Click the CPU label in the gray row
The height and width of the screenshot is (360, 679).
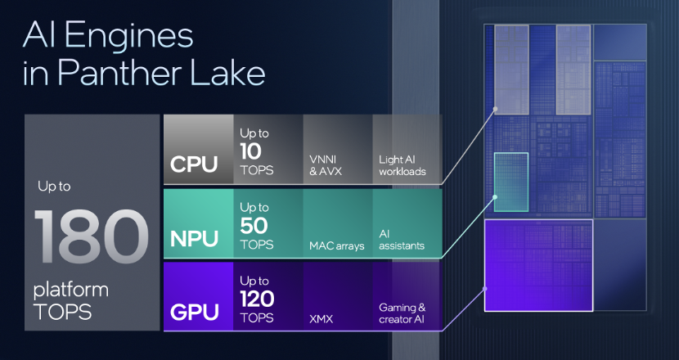194,164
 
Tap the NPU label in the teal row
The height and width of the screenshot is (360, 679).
194,239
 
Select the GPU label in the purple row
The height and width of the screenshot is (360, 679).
194,312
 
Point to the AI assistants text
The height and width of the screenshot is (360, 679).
402,239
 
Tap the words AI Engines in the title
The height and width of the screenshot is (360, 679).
109,37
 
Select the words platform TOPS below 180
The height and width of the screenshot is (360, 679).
71,299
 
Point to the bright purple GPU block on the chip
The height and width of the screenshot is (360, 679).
537,265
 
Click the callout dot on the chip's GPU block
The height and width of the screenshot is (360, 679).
485,288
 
